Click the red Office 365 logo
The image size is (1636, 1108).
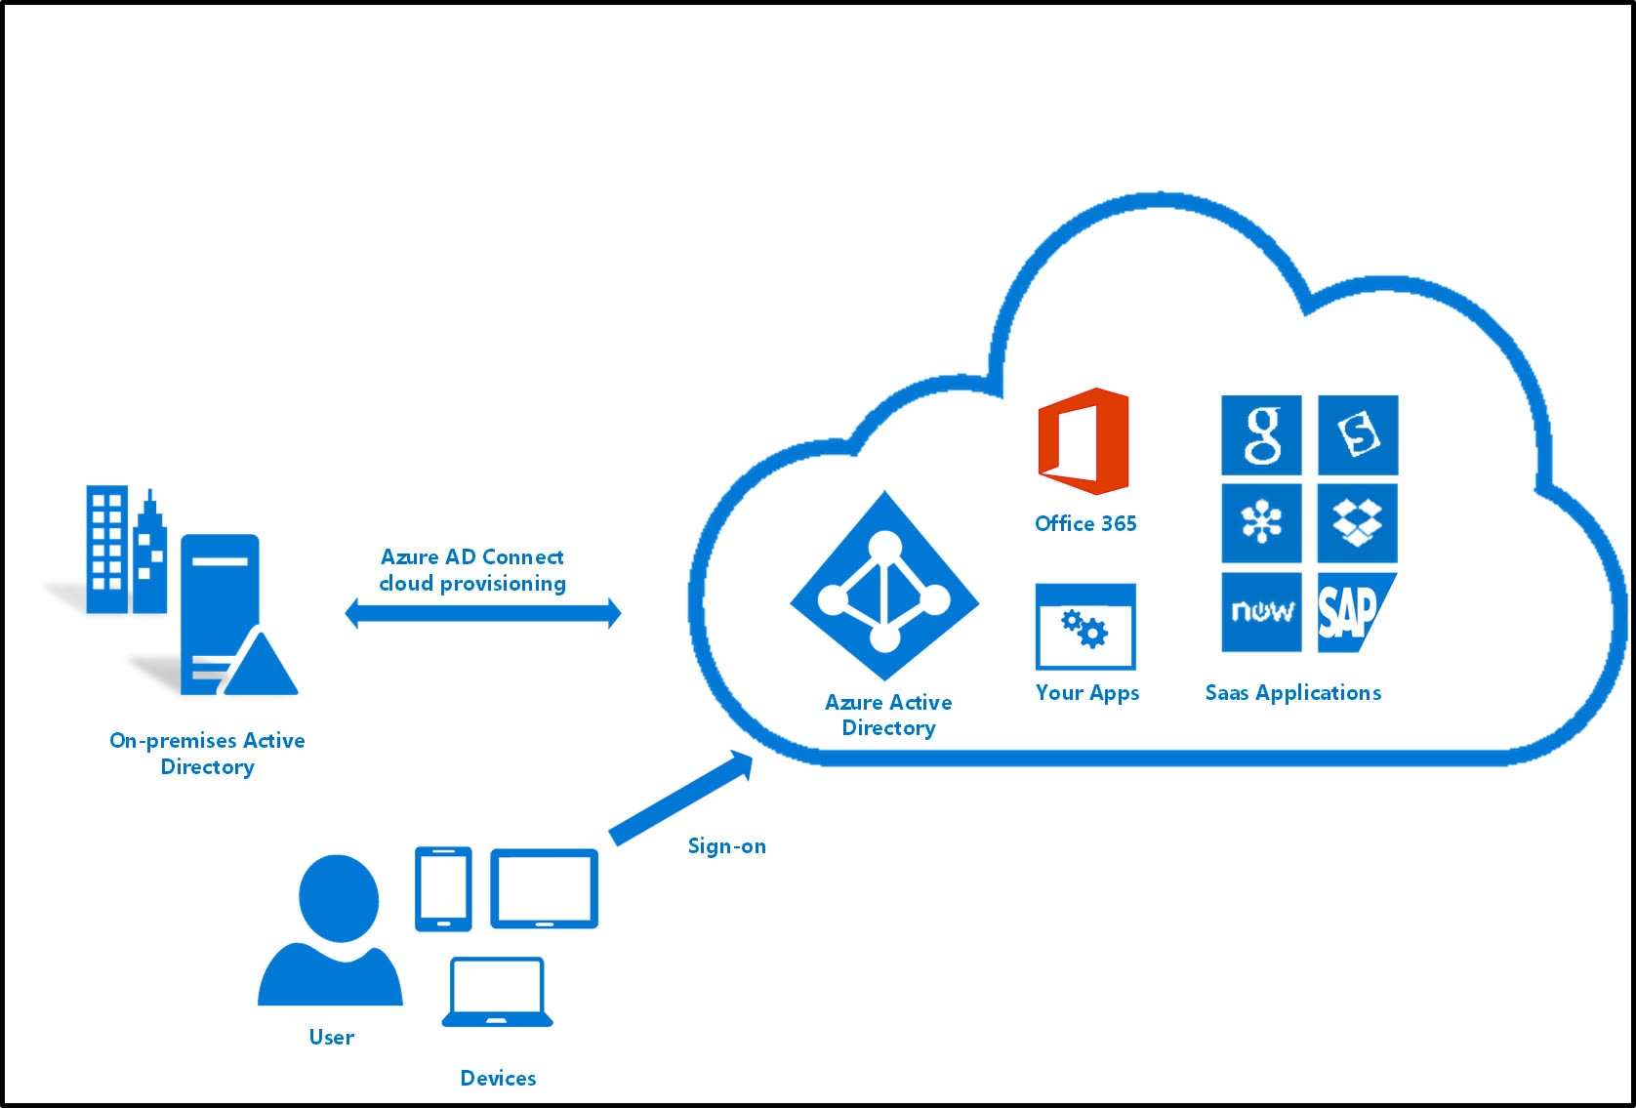click(x=1084, y=440)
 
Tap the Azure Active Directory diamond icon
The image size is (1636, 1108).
click(x=884, y=586)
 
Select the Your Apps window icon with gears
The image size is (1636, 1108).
click(x=1085, y=627)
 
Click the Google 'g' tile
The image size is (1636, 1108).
click(x=1261, y=435)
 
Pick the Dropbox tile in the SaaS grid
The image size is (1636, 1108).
click(x=1357, y=523)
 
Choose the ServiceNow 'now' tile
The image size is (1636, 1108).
click(x=1261, y=612)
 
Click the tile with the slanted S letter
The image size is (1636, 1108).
click(x=1358, y=435)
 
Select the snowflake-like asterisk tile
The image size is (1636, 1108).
click(x=1261, y=523)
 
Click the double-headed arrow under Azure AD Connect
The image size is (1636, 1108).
click(x=483, y=613)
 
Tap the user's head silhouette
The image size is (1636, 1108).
click(x=339, y=898)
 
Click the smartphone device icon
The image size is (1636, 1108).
click(x=443, y=888)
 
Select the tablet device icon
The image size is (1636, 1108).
click(x=544, y=888)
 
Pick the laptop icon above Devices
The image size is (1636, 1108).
click(x=497, y=992)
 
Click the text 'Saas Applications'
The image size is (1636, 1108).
click(x=1292, y=693)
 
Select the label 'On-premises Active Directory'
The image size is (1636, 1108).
click(x=207, y=753)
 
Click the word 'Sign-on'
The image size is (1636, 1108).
click(x=726, y=846)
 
